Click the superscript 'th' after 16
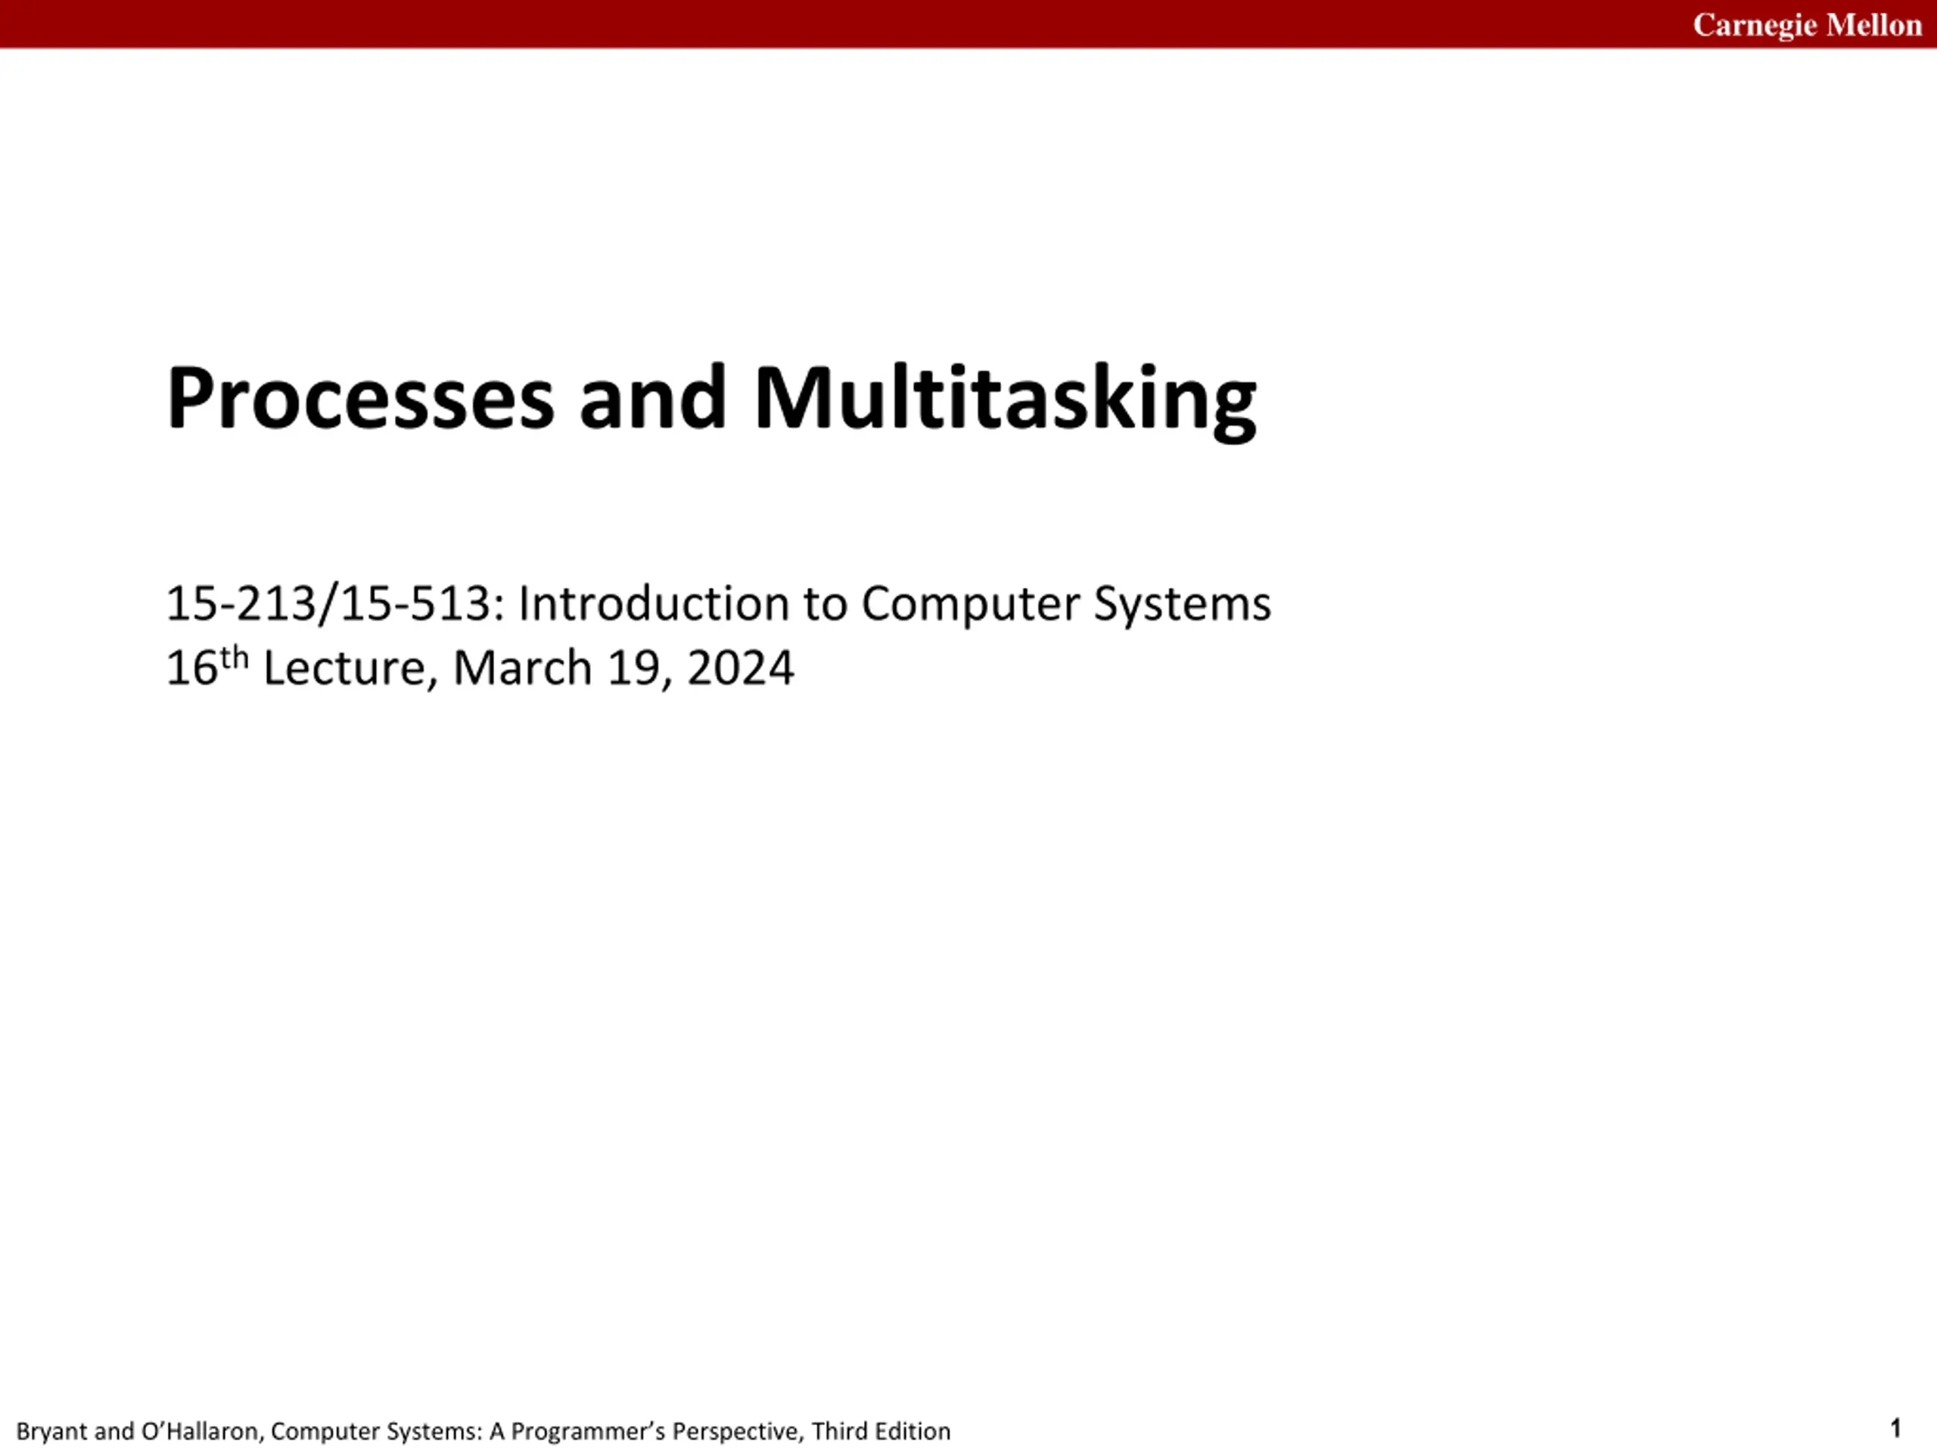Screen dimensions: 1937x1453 point(235,658)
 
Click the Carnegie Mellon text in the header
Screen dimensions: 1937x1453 point(1808,24)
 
